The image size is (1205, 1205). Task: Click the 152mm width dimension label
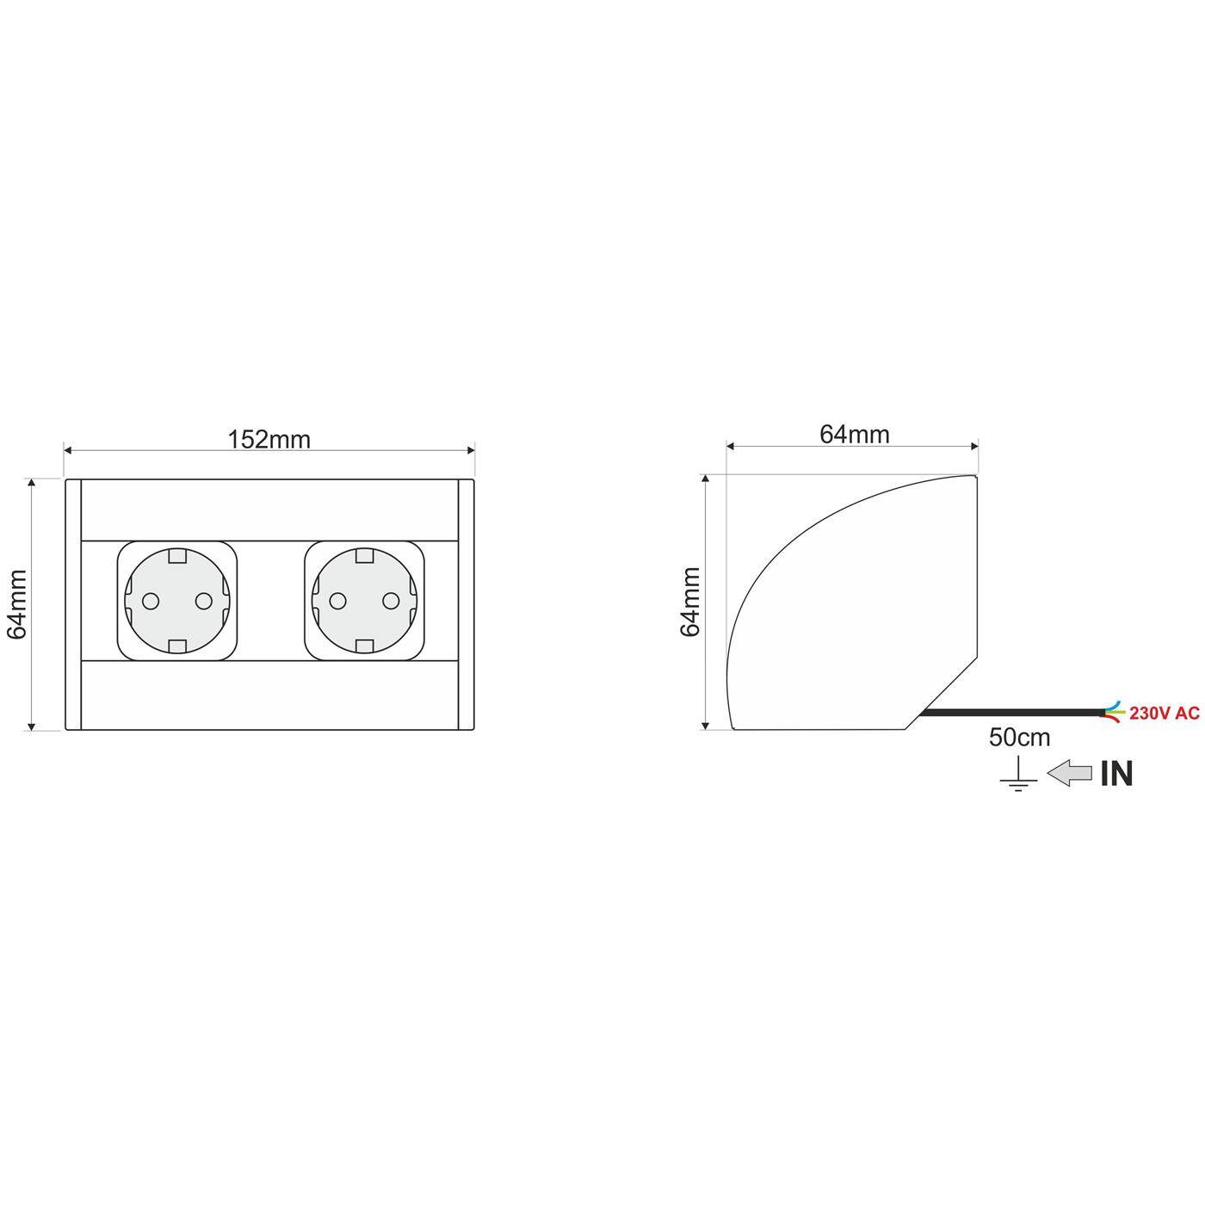point(269,440)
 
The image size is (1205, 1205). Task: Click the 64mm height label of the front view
point(17,603)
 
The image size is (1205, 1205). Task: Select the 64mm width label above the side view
point(853,435)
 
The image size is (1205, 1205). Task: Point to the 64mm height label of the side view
point(690,601)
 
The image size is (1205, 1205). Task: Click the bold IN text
point(1116,774)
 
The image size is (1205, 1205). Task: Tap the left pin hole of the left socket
point(150,601)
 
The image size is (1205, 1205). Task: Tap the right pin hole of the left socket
point(204,601)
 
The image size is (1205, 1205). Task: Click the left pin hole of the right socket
point(337,601)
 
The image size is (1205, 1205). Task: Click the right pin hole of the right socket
point(392,601)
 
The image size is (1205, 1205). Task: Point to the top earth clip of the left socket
point(177,556)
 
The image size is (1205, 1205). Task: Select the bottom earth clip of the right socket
point(365,646)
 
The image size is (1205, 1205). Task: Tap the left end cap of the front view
point(73,605)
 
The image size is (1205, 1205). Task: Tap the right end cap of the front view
point(466,605)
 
